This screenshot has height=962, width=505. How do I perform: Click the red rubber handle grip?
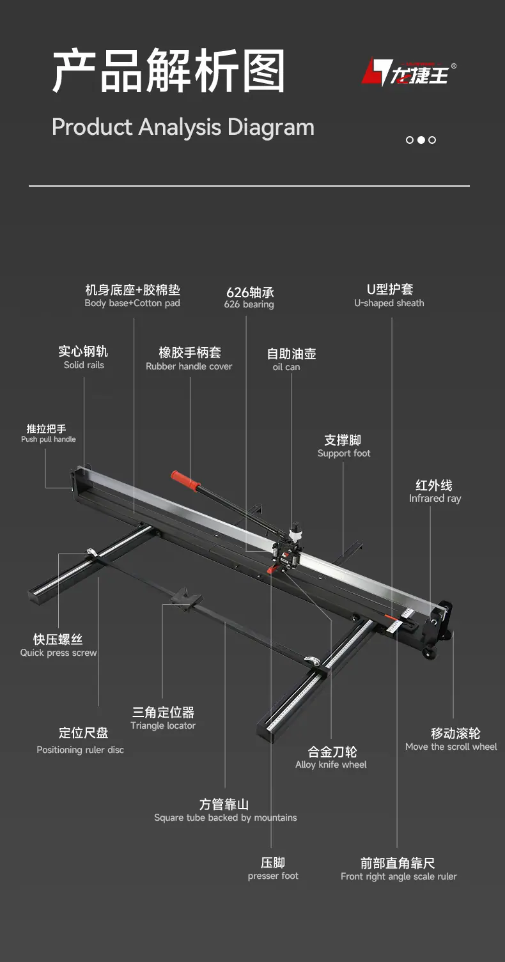pyautogui.click(x=185, y=481)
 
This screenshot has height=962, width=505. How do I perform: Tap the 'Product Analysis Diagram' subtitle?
pyautogui.click(x=183, y=127)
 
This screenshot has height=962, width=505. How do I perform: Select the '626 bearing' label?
pyautogui.click(x=249, y=304)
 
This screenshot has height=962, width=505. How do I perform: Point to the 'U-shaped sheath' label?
pyautogui.click(x=389, y=303)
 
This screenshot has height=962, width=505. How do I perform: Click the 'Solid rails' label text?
pyautogui.click(x=84, y=365)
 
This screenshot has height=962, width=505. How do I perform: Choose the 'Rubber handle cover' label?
pyautogui.click(x=189, y=366)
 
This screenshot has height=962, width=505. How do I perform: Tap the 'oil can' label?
pyautogui.click(x=286, y=367)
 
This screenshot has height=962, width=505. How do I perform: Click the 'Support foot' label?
pyautogui.click(x=344, y=454)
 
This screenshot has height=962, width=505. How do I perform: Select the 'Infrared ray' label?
pyautogui.click(x=435, y=499)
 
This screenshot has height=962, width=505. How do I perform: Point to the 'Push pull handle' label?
pyautogui.click(x=49, y=439)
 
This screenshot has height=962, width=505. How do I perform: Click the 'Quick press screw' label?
pyautogui.click(x=58, y=653)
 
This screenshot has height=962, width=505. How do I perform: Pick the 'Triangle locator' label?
pyautogui.click(x=163, y=725)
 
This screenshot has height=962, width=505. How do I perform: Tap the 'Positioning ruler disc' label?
pyautogui.click(x=81, y=750)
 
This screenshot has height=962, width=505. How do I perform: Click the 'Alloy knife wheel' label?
pyautogui.click(x=331, y=764)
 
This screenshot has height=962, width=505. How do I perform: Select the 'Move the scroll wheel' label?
pyautogui.click(x=451, y=747)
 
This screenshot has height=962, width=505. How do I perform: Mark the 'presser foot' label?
pyautogui.click(x=273, y=876)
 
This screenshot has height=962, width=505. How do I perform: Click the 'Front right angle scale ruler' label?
pyautogui.click(x=399, y=876)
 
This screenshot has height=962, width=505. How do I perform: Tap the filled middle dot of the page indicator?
pyautogui.click(x=421, y=140)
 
